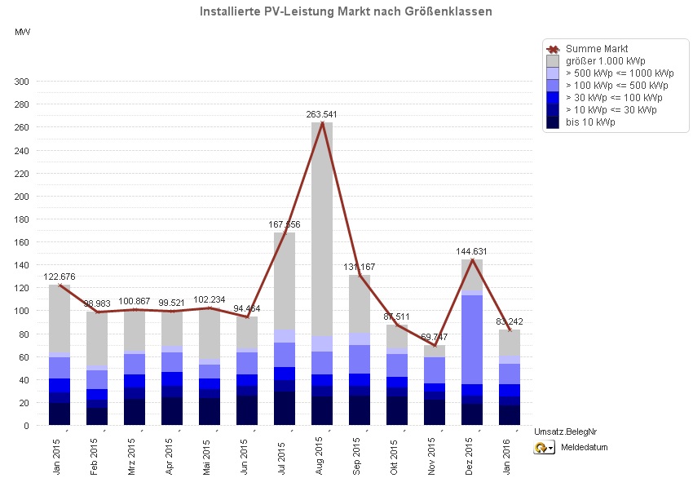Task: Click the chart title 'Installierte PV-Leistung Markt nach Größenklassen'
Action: (346, 11)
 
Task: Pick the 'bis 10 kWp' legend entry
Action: (590, 122)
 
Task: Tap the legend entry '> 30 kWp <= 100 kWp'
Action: (611, 98)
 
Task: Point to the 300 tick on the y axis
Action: (21, 82)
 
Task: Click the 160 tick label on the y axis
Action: (21, 242)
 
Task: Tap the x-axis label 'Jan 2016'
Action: (509, 452)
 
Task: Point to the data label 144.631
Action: (472, 251)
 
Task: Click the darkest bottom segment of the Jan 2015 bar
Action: (60, 414)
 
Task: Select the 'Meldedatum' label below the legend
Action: (585, 447)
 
